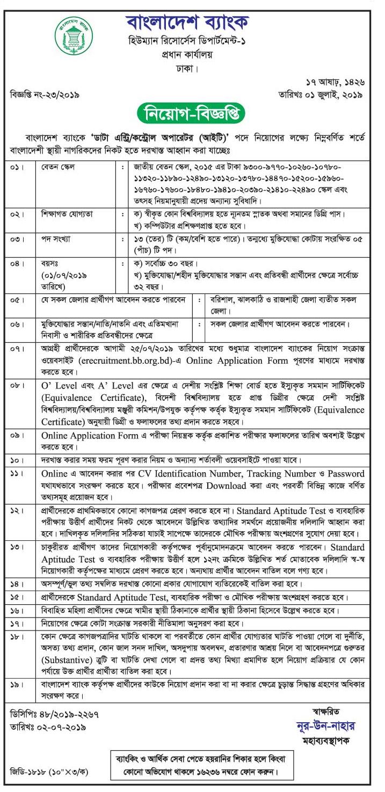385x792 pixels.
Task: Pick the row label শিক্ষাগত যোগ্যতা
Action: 67,214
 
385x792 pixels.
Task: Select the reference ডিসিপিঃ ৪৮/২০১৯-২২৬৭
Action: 55,714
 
